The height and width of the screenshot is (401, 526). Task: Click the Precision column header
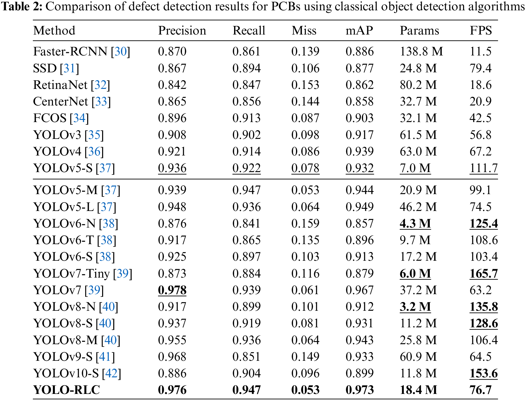182,30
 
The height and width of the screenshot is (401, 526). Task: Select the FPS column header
481,30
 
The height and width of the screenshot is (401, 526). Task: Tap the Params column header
419,30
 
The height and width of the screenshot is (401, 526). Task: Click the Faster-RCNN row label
70,51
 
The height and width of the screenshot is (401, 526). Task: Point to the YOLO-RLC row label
67,390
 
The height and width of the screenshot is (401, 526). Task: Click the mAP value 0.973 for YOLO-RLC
360,390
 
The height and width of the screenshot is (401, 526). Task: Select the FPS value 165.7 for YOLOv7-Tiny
483,273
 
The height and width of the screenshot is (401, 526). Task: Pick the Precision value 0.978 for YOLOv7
172,290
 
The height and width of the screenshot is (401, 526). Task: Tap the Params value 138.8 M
421,51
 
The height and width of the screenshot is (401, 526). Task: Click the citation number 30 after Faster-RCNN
121,51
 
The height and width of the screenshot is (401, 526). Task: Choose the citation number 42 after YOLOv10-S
111,373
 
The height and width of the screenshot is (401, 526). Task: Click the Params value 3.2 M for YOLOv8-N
415,307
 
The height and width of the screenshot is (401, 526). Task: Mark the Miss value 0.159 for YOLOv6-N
305,223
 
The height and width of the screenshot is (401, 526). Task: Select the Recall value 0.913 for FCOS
246,118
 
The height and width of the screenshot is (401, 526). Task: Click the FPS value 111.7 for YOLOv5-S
483,168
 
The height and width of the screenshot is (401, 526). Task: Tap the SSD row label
45,68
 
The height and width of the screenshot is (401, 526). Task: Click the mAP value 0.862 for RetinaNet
360,85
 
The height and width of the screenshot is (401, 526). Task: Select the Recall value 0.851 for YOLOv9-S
246,357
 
